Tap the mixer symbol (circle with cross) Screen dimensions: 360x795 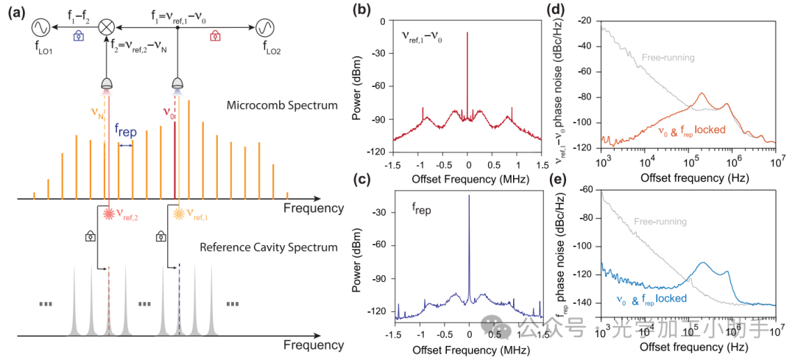pyautogui.click(x=107, y=27)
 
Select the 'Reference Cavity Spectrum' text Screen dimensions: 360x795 pyautogui.click(x=269, y=247)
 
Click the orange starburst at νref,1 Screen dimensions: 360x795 pyautogui.click(x=179, y=213)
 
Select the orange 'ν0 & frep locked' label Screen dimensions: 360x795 pyautogui.click(x=702, y=130)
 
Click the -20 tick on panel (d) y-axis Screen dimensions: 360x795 pyautogui.click(x=590, y=21)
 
